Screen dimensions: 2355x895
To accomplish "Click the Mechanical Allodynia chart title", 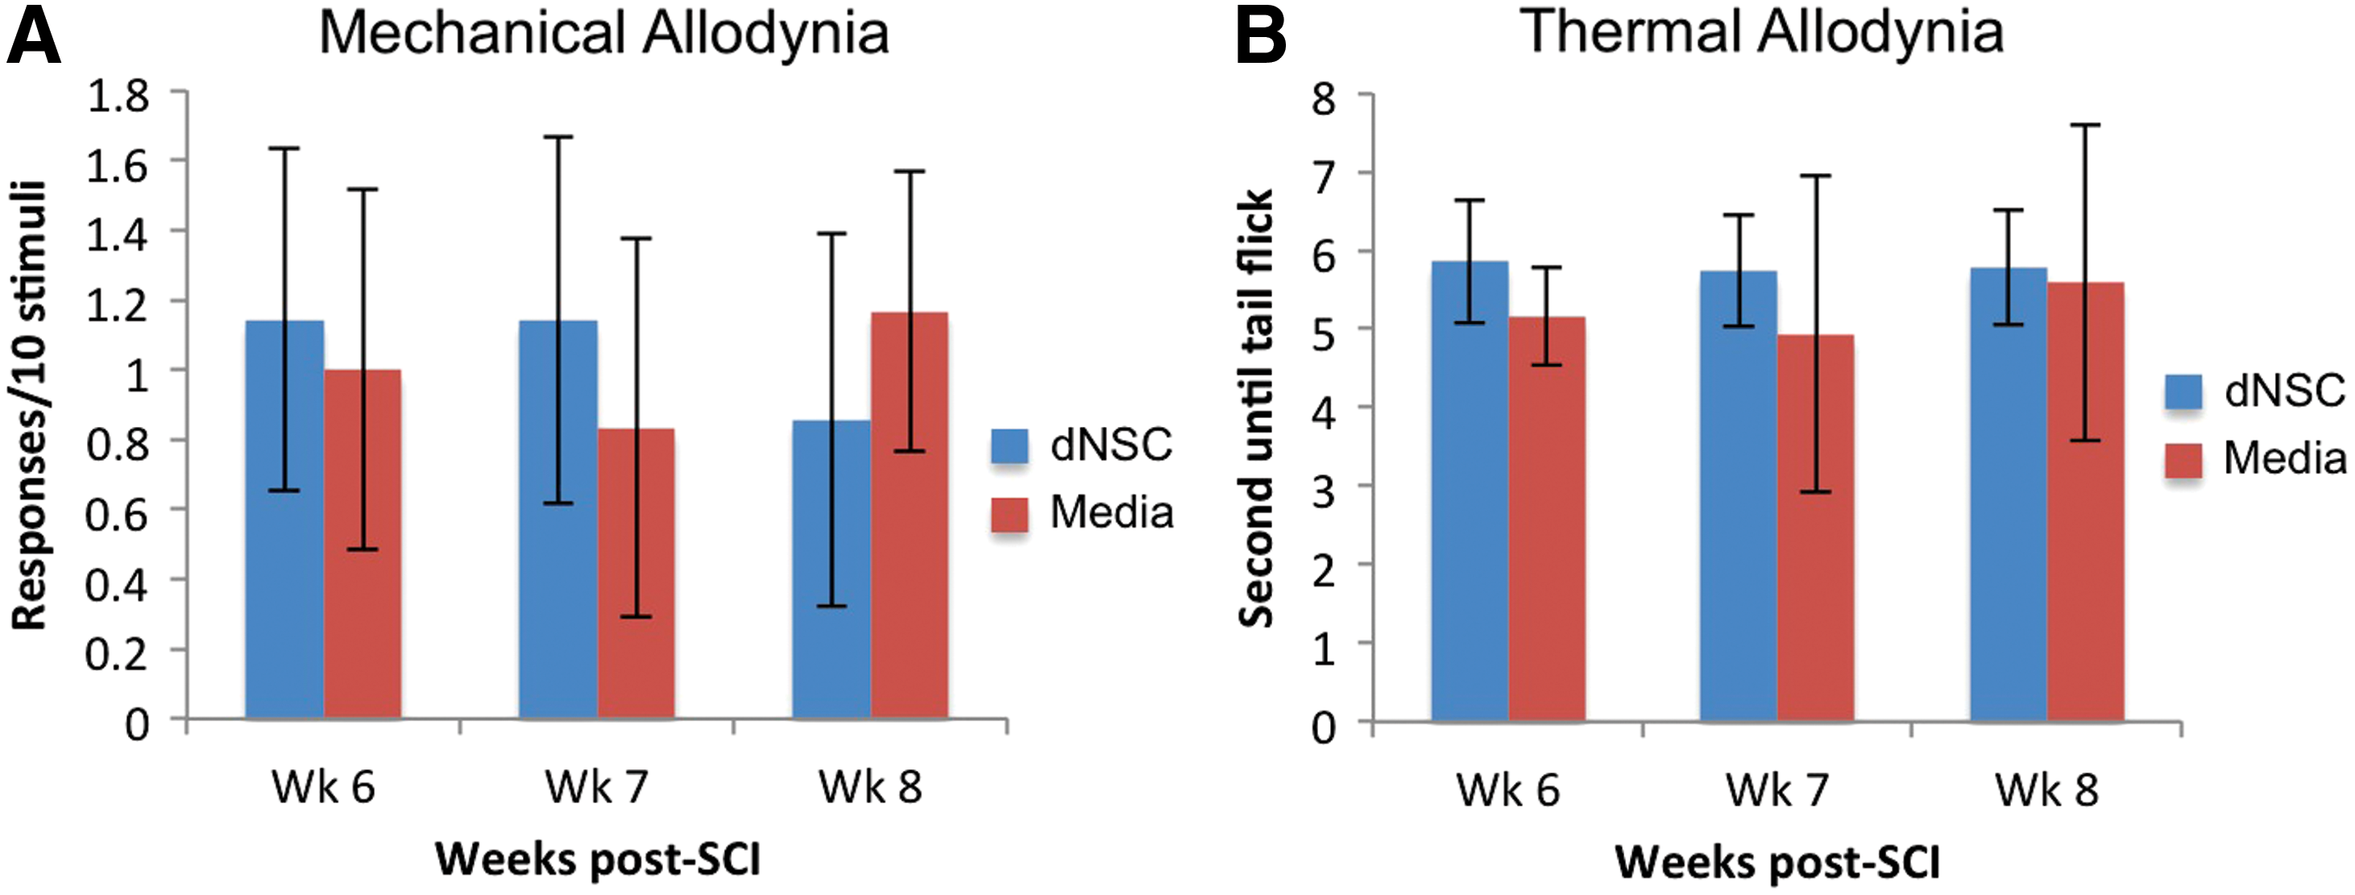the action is (603, 34).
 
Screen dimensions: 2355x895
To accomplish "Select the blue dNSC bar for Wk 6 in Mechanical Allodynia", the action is (284, 520).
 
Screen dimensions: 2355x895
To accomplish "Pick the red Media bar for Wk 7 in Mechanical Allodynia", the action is (636, 574).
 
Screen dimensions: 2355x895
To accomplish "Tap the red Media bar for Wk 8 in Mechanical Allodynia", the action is (910, 516).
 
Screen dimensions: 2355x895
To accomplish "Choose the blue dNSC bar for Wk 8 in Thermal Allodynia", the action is (2009, 495).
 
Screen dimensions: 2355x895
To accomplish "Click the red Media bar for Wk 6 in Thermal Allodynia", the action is (1547, 520).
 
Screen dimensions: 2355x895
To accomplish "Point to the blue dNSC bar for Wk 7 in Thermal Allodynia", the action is (1739, 496).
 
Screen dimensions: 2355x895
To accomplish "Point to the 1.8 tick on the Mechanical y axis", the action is (117, 95).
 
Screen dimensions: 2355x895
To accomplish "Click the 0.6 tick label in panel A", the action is (117, 515).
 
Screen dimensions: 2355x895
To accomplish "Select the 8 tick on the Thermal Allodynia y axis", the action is (1324, 97).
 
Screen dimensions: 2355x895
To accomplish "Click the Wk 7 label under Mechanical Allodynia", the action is (597, 787).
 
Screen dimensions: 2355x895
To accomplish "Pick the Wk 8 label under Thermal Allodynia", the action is (2047, 789).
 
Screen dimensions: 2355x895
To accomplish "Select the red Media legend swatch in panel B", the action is (2183, 460).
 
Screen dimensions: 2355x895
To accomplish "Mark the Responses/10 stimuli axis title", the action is (29, 406).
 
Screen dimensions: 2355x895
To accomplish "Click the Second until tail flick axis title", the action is (1255, 408).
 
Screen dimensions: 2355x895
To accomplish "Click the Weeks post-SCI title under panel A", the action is (598, 860).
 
